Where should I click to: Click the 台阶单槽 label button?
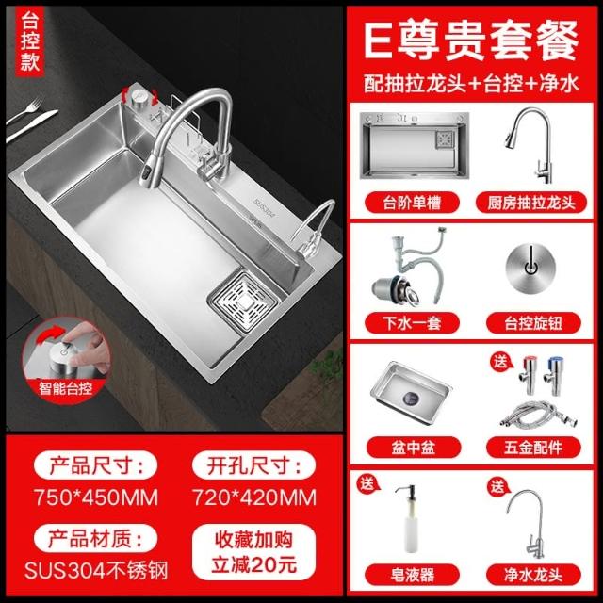coord(412,203)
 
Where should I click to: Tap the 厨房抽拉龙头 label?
coord(531,203)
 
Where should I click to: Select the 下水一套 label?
coord(412,323)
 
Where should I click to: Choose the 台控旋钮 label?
coord(533,323)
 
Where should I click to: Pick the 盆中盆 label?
coord(414,448)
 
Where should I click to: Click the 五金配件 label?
coord(533,448)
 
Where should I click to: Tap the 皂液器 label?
coord(412,575)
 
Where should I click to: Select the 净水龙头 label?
coord(533,575)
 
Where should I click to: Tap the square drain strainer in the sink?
coord(243,301)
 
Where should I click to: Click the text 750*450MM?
coord(96,497)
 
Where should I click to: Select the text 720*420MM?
coord(254,497)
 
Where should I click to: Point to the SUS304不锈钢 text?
coord(96,570)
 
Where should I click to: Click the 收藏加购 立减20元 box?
coord(253,552)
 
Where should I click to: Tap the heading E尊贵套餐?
coord(471,41)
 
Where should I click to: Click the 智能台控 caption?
coord(65,388)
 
